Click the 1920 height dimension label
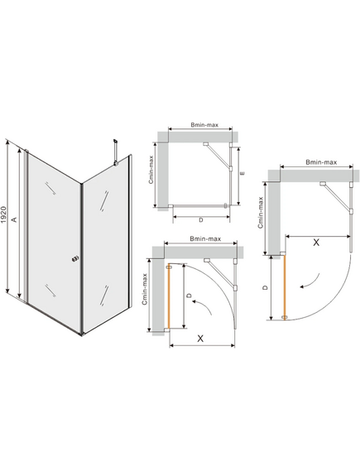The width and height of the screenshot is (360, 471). pyautogui.click(x=4, y=214)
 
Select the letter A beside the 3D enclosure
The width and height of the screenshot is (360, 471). pyautogui.click(x=13, y=219)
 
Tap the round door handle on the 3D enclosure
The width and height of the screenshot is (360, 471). pyautogui.click(x=74, y=259)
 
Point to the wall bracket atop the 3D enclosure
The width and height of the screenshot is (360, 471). pyautogui.click(x=115, y=152)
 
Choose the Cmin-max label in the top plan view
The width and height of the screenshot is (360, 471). pyautogui.click(x=151, y=169)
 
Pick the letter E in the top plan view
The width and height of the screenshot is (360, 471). pyautogui.click(x=242, y=173)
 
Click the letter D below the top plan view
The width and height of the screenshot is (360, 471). pyautogui.click(x=201, y=220)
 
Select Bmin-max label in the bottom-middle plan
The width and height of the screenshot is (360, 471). pyautogui.click(x=205, y=238)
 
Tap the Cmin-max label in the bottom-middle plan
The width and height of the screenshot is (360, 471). pyautogui.click(x=145, y=289)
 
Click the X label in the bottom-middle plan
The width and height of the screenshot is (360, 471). pyautogui.click(x=200, y=339)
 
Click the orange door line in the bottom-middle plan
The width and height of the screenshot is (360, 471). pyautogui.click(x=169, y=296)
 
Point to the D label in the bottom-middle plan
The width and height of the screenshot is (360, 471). pyautogui.click(x=189, y=296)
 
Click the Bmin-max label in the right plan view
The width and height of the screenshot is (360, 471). pyautogui.click(x=321, y=162)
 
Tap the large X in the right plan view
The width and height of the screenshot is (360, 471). pyautogui.click(x=316, y=243)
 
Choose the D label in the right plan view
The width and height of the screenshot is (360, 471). pyautogui.click(x=265, y=287)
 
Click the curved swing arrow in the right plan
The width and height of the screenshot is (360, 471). pyautogui.click(x=310, y=281)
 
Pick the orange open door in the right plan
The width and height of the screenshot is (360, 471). pyautogui.click(x=284, y=288)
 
